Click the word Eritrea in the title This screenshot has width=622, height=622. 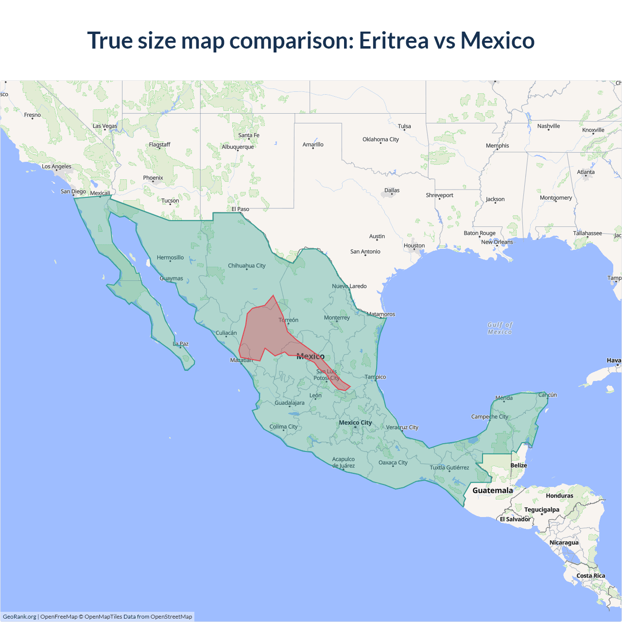[394, 40]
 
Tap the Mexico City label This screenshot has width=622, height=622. [355, 422]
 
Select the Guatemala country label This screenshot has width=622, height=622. [492, 490]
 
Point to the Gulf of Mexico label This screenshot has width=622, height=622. [500, 328]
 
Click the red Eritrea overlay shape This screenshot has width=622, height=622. [262, 330]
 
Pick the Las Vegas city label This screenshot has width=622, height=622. [105, 126]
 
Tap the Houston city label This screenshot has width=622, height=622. [414, 245]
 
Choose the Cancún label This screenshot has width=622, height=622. [548, 395]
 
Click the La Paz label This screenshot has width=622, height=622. [181, 344]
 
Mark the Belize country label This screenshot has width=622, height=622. [518, 465]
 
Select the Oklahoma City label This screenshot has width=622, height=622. [380, 139]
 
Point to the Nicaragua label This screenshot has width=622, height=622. [564, 542]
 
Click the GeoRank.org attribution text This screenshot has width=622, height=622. [19, 617]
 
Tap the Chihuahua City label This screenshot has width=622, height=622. [247, 265]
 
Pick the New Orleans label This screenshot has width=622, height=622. [497, 242]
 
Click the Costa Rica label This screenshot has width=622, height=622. [590, 575]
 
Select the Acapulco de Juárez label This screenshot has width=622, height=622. [344, 462]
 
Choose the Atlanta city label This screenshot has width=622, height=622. [586, 172]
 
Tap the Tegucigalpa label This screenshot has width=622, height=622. [541, 509]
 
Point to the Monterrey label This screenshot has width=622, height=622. [337, 317]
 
